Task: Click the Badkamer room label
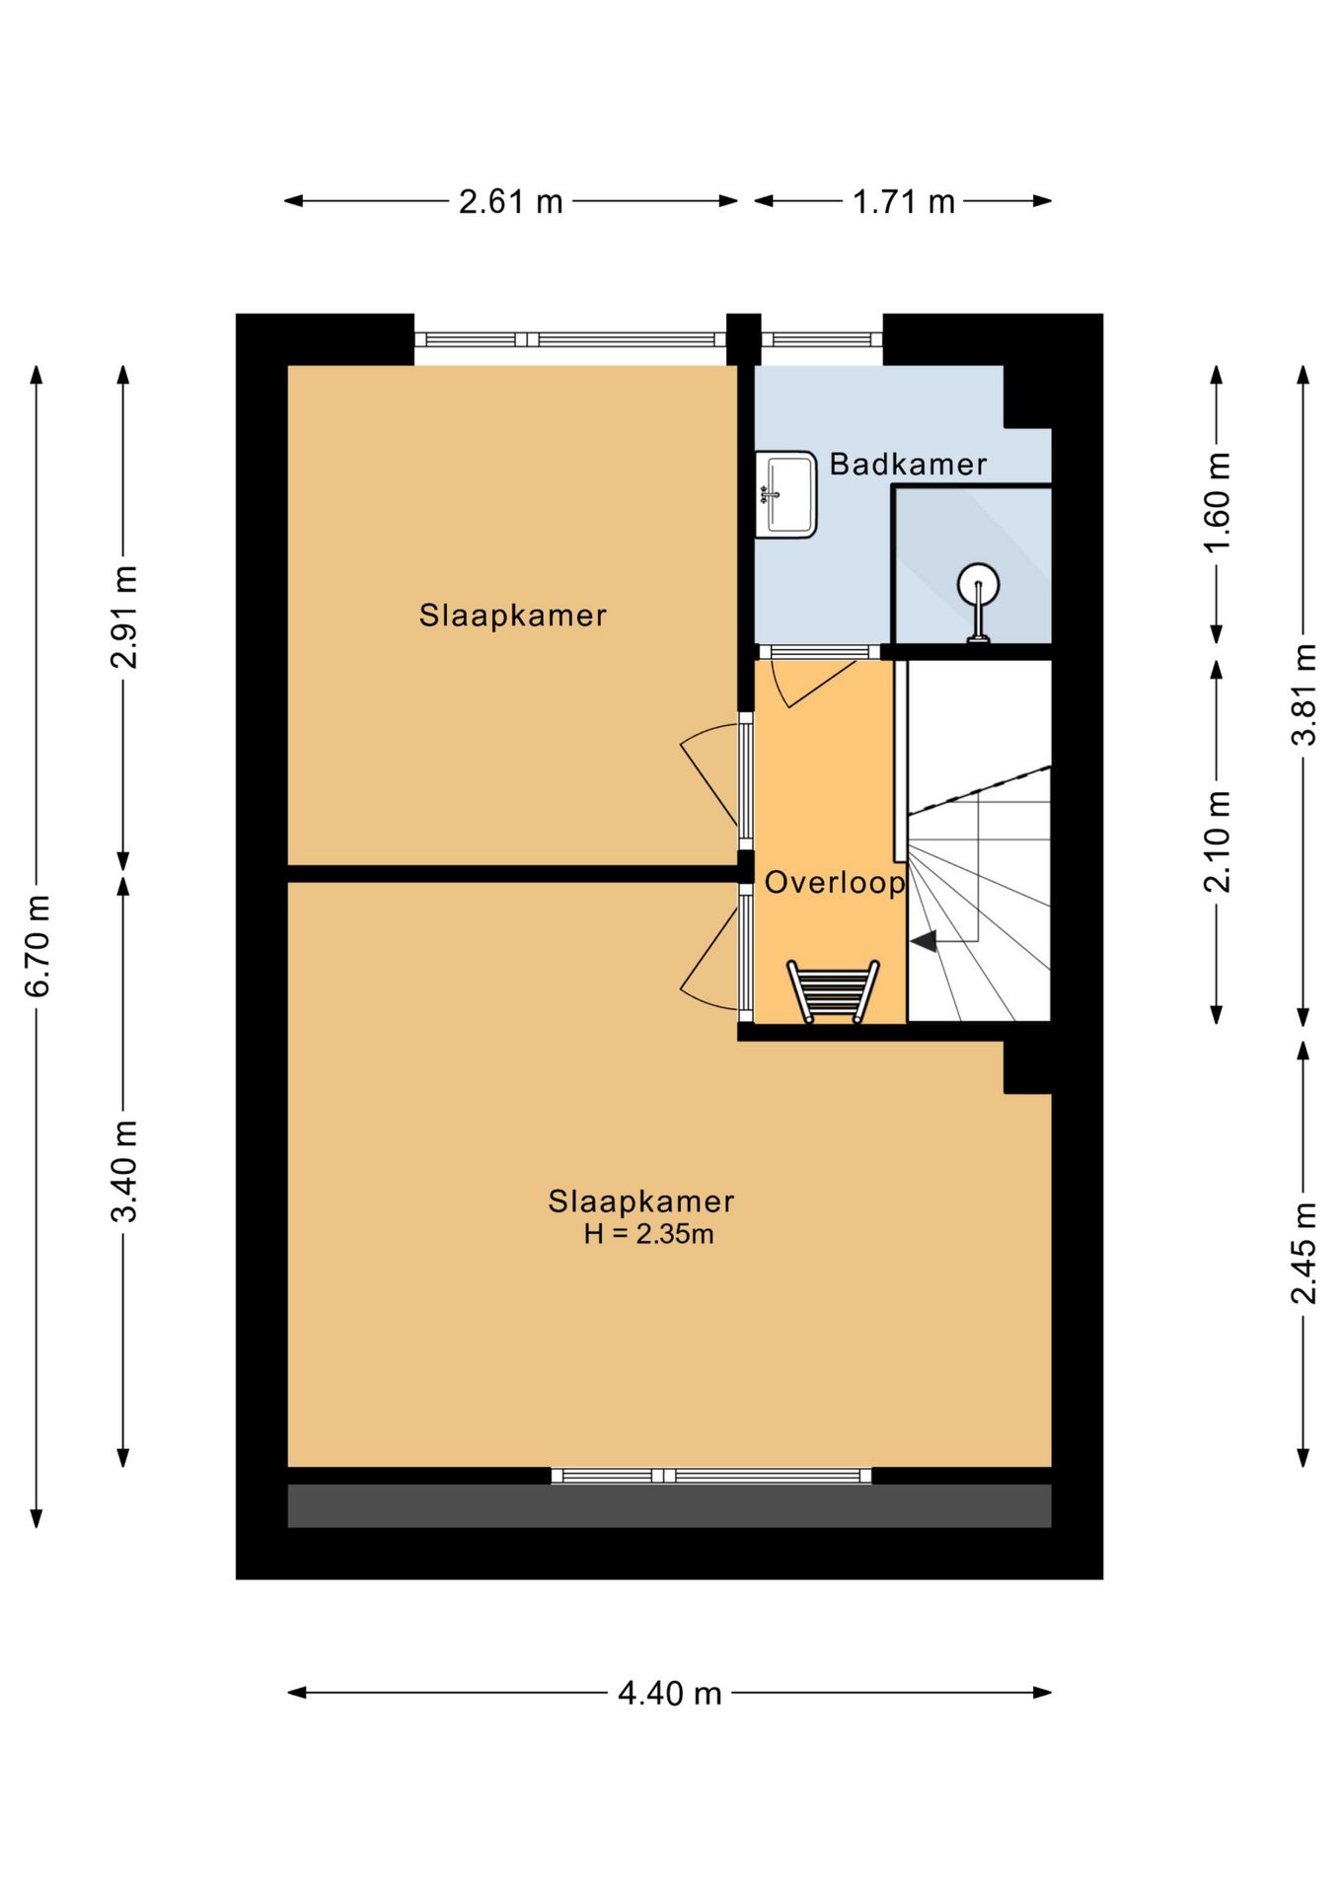pos(908,464)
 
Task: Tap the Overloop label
pos(835,882)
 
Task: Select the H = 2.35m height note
pos(648,1234)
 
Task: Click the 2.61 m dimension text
pos(510,202)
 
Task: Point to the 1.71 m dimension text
pos(903,202)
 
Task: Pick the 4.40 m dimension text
pos(670,1694)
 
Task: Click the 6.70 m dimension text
pos(37,946)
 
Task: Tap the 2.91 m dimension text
pos(123,618)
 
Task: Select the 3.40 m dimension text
pos(123,1171)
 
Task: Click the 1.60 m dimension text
pos(1217,502)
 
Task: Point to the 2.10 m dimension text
pos(1217,841)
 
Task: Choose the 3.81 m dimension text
pos(1303,693)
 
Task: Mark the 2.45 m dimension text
pos(1303,1253)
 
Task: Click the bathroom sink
pos(785,494)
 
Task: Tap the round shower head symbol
pos(978,584)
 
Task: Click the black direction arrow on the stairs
pos(924,941)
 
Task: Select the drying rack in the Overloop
pos(833,991)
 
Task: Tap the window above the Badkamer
pos(821,339)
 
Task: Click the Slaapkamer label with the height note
pos(641,1202)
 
